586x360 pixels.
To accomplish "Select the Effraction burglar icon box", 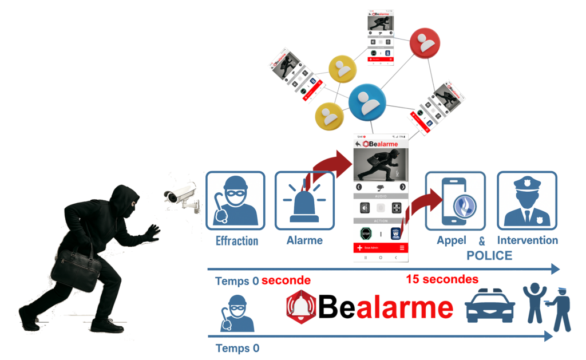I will [x=235, y=200].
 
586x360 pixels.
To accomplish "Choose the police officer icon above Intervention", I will [x=526, y=200].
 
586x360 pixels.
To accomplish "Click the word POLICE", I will [x=489, y=255].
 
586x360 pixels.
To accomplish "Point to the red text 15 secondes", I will [x=442, y=280].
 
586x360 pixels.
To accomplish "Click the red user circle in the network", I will [x=425, y=42].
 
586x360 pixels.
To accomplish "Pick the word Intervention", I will [x=527, y=240].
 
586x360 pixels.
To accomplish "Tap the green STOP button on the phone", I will [x=366, y=234].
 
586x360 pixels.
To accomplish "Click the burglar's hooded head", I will [x=124, y=200].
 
